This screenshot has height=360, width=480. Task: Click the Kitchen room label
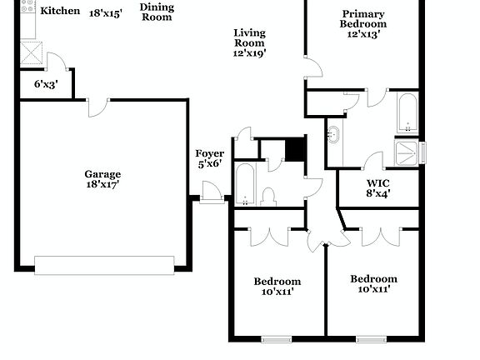pyautogui.click(x=61, y=12)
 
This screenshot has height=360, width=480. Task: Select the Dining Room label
pyautogui.click(x=157, y=12)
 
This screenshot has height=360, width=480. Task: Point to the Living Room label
pyautogui.click(x=249, y=37)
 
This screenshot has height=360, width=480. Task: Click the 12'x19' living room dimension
pyautogui.click(x=249, y=52)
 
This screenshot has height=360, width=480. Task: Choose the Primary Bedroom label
pyautogui.click(x=363, y=19)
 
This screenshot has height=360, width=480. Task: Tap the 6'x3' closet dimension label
pyautogui.click(x=46, y=84)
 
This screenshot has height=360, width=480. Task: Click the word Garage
pyautogui.click(x=102, y=174)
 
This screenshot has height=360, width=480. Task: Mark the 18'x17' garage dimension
pyautogui.click(x=102, y=185)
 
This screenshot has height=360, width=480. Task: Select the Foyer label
pyautogui.click(x=209, y=153)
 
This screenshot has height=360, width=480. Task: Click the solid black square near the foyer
pyautogui.click(x=296, y=149)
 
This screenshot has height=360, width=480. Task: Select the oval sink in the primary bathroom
pyautogui.click(x=333, y=134)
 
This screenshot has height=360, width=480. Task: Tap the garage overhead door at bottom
pyautogui.click(x=104, y=265)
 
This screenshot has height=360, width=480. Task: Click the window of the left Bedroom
pyautogui.click(x=276, y=339)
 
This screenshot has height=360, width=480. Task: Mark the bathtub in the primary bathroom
pyautogui.click(x=407, y=114)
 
